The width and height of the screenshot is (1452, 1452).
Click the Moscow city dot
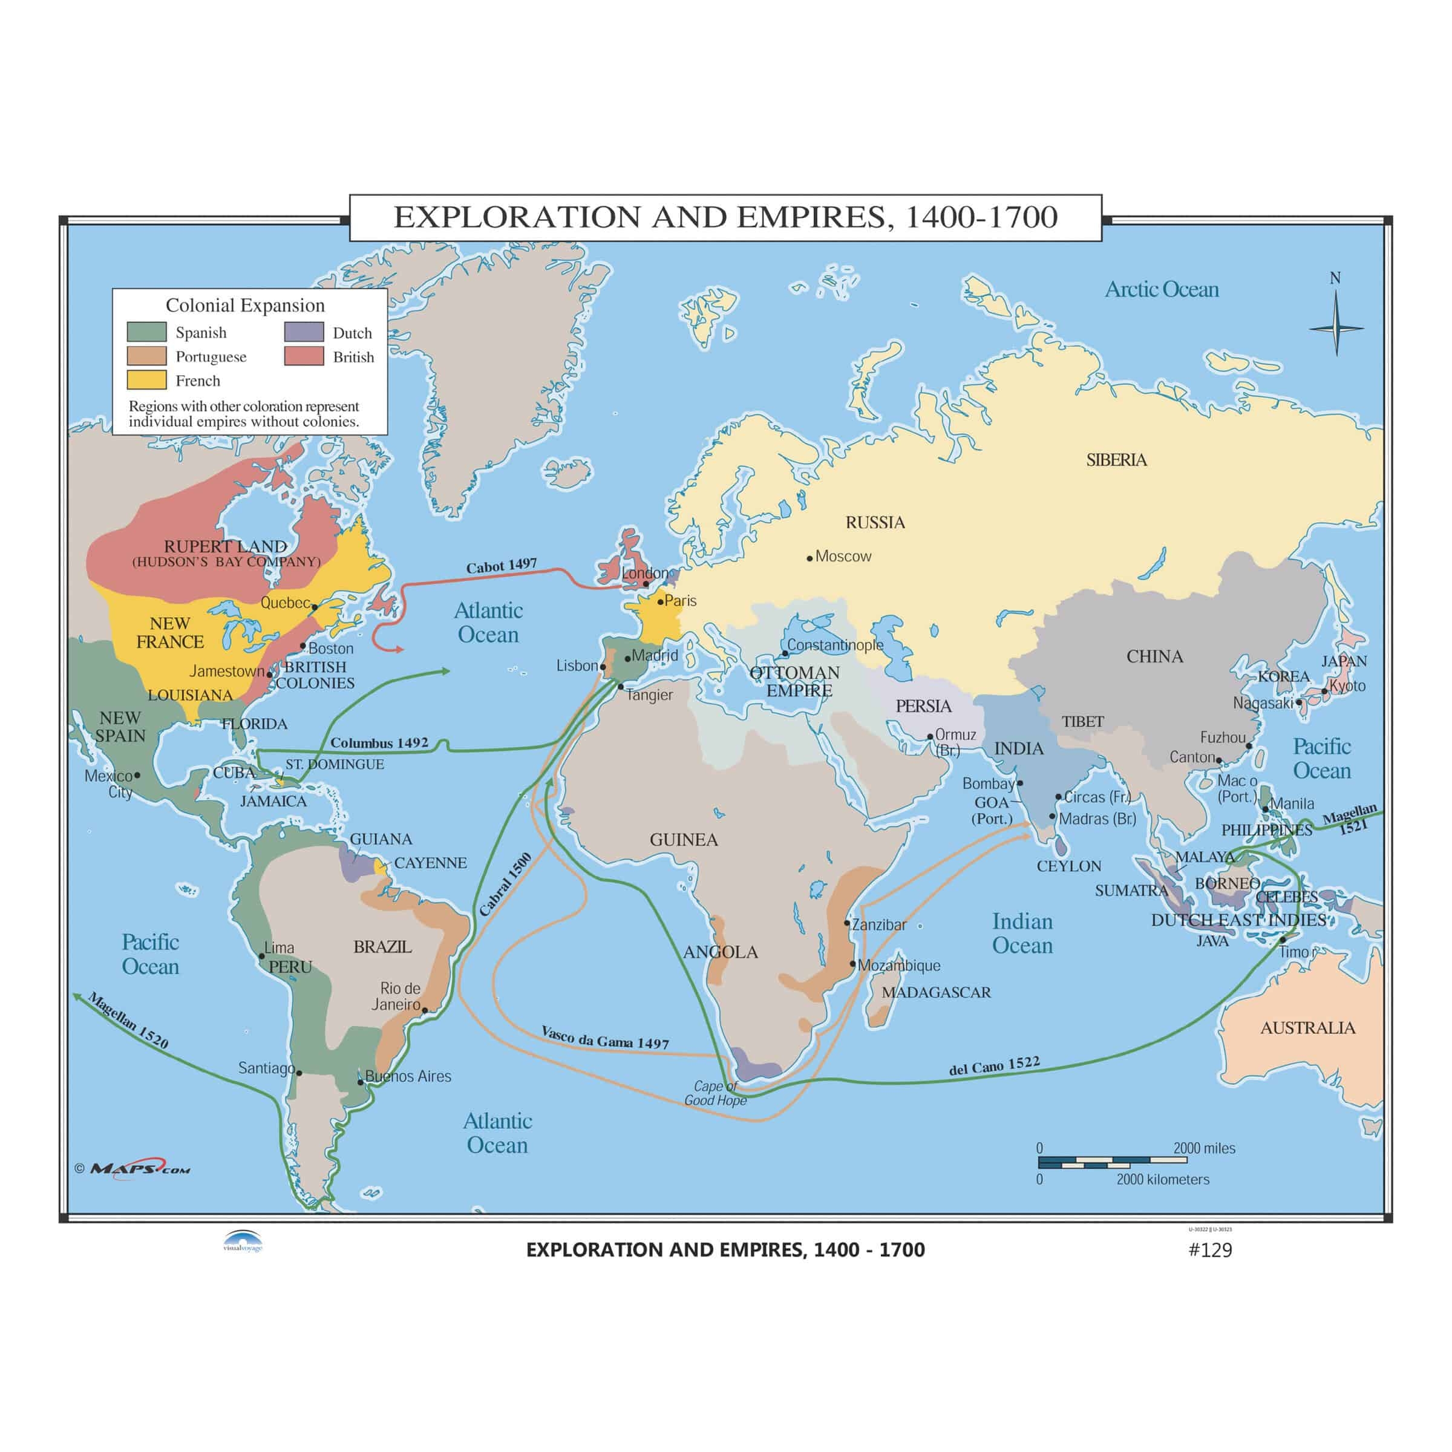[809, 558]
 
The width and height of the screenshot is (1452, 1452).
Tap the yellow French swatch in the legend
[146, 381]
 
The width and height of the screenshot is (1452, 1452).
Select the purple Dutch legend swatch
[304, 332]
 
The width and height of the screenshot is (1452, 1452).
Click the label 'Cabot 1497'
[502, 566]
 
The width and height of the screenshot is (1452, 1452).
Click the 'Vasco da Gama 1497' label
[605, 1038]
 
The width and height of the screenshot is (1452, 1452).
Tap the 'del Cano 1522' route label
[994, 1065]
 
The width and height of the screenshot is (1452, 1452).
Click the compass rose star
[1335, 329]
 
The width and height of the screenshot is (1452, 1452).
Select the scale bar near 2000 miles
[1113, 1163]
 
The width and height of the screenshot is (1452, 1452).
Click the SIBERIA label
[1116, 460]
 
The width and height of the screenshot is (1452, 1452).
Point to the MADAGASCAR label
[936, 992]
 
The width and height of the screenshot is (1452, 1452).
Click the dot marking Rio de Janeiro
[425, 1010]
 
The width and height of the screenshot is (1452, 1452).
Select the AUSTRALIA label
[1307, 1027]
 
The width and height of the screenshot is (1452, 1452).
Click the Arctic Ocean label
[1161, 289]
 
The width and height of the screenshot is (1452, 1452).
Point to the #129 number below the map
[1210, 1249]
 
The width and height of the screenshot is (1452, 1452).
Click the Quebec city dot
[315, 606]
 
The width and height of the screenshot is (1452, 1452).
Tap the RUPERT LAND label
[226, 546]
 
